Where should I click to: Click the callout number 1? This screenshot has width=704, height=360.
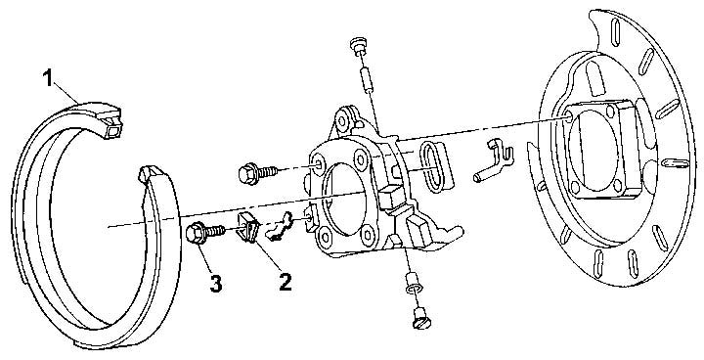point(48,78)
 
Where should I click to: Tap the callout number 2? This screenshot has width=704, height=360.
point(286,282)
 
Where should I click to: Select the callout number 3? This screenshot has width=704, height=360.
point(215,284)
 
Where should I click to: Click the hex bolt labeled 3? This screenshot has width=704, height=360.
point(204,233)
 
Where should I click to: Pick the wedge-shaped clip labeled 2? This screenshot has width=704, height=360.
point(247,227)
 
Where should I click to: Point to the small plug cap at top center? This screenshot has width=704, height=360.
point(358,46)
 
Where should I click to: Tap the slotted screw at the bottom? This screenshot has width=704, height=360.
point(420,318)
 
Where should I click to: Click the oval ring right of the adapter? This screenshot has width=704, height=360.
point(435,166)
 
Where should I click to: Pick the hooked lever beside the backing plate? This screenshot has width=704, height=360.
point(493,160)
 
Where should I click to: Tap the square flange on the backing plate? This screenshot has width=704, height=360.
point(597,149)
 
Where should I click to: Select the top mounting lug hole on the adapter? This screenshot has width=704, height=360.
point(342,121)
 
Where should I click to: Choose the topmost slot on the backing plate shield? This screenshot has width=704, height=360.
point(616,31)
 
